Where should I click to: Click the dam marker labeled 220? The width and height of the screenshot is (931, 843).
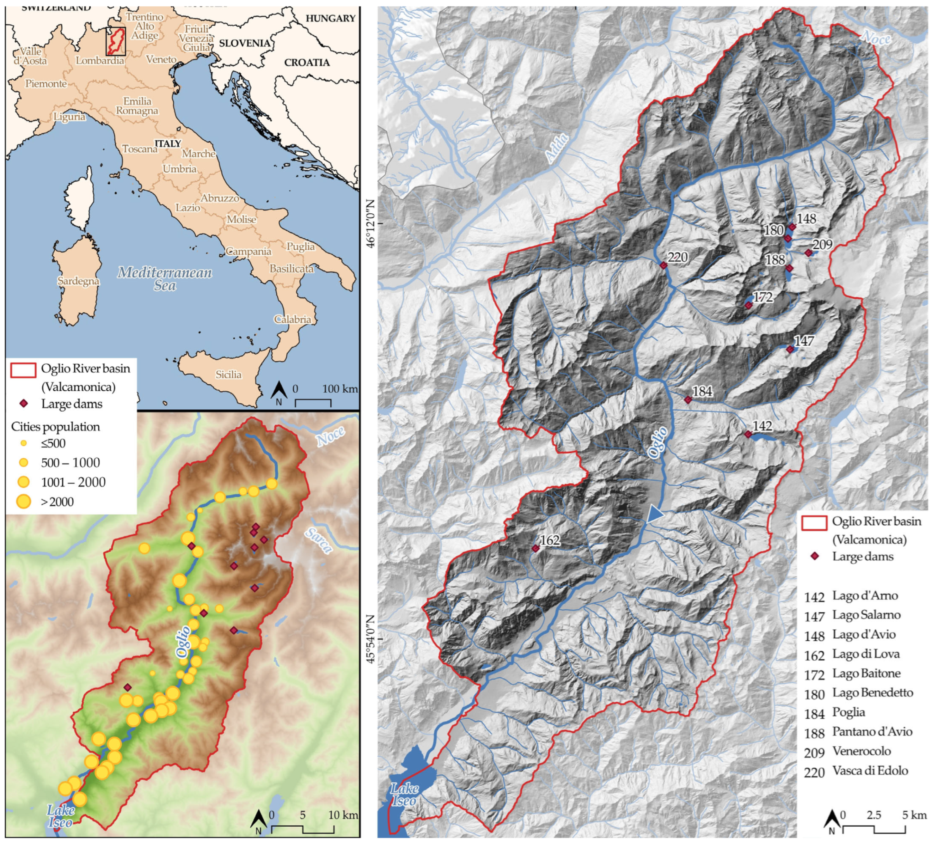(664, 265)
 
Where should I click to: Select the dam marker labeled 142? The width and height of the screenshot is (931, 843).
(748, 434)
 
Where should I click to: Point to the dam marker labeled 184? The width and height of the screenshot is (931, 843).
(688, 400)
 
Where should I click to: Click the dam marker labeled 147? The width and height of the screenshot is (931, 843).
(790, 350)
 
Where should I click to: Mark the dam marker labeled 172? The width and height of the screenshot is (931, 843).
(748, 305)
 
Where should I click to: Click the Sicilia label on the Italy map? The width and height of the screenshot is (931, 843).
(228, 374)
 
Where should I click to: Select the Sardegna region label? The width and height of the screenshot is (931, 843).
(78, 281)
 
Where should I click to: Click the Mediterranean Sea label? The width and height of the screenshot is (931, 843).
(165, 279)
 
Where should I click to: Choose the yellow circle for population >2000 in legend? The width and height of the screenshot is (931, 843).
(23, 501)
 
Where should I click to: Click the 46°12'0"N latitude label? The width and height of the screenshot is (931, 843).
(371, 224)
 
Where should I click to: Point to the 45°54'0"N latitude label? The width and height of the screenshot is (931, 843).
(371, 639)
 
